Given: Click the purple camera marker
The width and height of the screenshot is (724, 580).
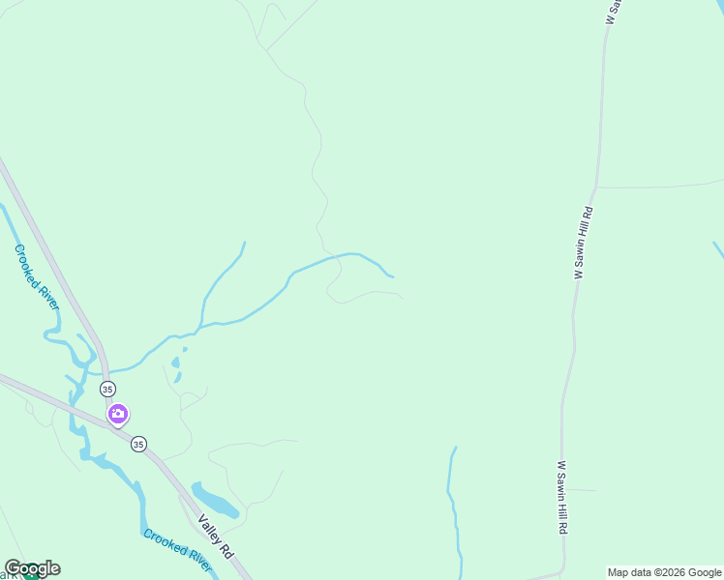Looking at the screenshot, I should point(118,415).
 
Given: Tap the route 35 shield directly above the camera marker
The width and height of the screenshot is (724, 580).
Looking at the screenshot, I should point(106,389).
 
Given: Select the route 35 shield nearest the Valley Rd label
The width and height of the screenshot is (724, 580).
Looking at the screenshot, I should point(138,445).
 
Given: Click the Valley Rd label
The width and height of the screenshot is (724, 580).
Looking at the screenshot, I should point(216,536).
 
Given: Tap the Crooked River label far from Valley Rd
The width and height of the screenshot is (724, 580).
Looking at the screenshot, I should point(36,276).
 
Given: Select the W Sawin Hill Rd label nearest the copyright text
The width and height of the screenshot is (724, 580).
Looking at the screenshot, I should point(561,498).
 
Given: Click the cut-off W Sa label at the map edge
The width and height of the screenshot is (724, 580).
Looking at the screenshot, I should point(612,12).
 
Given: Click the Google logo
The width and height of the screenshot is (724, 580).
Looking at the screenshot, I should point(32,568).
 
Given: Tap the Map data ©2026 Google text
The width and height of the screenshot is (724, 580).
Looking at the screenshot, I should point(665,572).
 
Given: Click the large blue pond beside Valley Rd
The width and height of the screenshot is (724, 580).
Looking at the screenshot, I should point(216,500).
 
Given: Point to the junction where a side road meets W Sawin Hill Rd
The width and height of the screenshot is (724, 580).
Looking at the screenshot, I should point(597,187).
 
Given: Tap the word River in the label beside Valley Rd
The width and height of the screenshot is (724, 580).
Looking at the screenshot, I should point(196,561).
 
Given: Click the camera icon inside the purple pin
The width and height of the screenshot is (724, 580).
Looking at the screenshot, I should point(118,414).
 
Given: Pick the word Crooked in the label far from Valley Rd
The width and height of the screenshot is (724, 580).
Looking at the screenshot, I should point(28,266).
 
